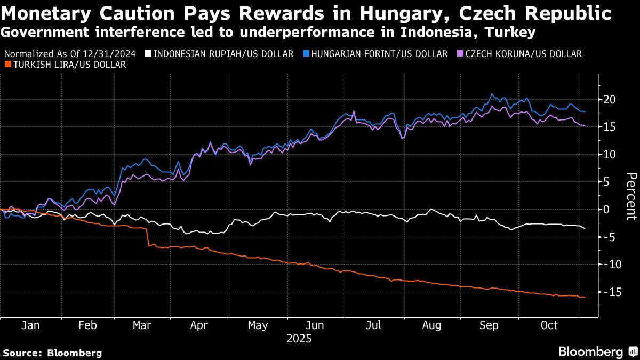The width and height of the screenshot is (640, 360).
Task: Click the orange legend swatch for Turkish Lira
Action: click(7, 65)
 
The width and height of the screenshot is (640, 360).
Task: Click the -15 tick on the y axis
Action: click(609, 292)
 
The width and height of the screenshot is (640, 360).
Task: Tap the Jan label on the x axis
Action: click(30, 325)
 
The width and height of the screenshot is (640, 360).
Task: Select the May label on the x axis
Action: click(258, 325)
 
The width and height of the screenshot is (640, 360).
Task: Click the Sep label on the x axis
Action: click(489, 325)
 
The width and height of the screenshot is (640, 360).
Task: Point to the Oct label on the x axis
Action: click(549, 325)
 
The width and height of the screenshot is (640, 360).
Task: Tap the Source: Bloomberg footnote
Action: click(52, 353)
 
